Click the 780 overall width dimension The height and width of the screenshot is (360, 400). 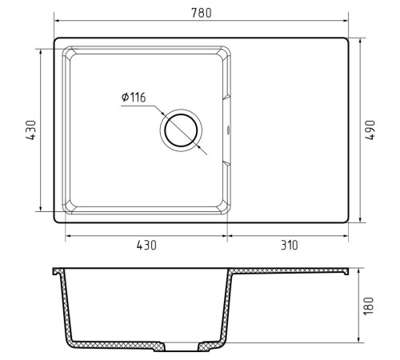click(202, 13)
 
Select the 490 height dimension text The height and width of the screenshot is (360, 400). click(370, 130)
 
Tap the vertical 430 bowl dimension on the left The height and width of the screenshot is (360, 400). click(30, 130)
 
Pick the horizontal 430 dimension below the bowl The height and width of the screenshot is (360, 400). click(146, 245)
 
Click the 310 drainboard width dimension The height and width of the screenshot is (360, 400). click(290, 245)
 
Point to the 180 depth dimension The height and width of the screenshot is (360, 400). click(369, 306)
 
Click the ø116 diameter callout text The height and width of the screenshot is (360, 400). click(134, 98)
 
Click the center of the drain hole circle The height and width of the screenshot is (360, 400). click(181, 130)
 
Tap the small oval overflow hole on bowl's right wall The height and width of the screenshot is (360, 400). click(228, 130)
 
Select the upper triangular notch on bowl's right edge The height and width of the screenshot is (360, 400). click(226, 97)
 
